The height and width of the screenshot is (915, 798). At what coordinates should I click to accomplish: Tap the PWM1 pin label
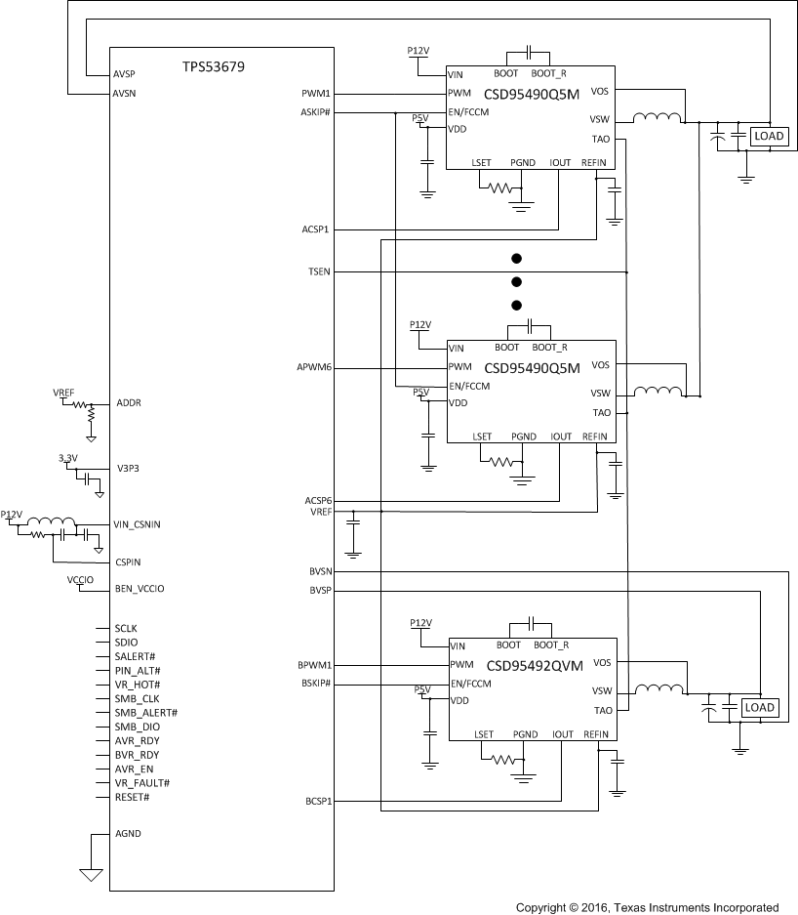click(x=317, y=94)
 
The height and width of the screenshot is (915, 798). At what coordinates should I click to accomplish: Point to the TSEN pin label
click(x=319, y=271)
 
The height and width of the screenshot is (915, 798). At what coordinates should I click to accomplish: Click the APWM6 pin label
click(x=314, y=368)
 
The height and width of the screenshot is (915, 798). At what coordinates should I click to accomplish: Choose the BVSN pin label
click(x=319, y=571)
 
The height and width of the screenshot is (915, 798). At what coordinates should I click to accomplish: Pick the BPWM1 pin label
click(x=315, y=665)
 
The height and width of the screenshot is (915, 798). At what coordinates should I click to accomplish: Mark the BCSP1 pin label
click(x=317, y=802)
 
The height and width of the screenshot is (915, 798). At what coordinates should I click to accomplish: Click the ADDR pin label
click(x=129, y=402)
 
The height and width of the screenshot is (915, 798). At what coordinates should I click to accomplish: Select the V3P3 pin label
click(x=129, y=468)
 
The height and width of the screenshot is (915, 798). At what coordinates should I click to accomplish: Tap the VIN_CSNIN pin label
click(x=138, y=524)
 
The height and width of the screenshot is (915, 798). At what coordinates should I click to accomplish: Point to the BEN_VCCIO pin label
click(x=140, y=589)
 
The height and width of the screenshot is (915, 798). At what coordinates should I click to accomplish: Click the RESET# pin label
click(x=132, y=798)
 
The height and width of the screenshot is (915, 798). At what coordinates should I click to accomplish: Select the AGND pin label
click(x=128, y=834)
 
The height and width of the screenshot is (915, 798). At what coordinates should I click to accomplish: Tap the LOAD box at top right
click(x=769, y=137)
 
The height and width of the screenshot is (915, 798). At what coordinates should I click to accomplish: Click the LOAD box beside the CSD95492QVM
click(x=759, y=707)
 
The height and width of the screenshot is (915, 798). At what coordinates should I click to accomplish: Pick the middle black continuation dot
click(x=516, y=281)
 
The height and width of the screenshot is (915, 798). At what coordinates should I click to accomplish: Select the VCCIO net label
click(x=80, y=580)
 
